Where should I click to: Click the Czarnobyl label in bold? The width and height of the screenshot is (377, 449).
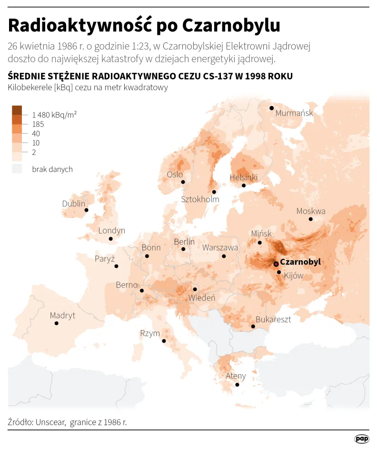tap(300, 262)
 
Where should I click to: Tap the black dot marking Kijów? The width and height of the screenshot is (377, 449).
tap(279, 272)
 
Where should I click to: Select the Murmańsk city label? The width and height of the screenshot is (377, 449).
tap(294, 113)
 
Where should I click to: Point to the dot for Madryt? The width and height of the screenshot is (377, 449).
tap(57, 323)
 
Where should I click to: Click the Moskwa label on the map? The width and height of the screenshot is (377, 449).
tap(311, 211)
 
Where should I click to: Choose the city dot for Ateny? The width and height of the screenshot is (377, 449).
tap(238, 385)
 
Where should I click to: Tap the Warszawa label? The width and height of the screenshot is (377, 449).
tap(220, 248)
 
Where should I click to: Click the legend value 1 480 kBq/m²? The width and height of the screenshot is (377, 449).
tap(55, 115)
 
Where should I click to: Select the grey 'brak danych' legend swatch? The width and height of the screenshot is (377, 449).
tap(17, 169)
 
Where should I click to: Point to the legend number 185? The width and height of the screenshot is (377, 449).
tap(38, 124)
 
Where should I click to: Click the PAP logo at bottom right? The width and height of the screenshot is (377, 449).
tap(362, 439)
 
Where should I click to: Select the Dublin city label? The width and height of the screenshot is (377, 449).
tap(74, 204)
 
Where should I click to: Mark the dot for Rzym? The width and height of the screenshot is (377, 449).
tap(164, 341)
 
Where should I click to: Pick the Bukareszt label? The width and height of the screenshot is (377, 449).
tap(273, 319)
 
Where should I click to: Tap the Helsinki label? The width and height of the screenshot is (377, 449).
tap(243, 177)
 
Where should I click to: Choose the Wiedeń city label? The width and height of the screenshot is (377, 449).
tap(202, 298)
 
